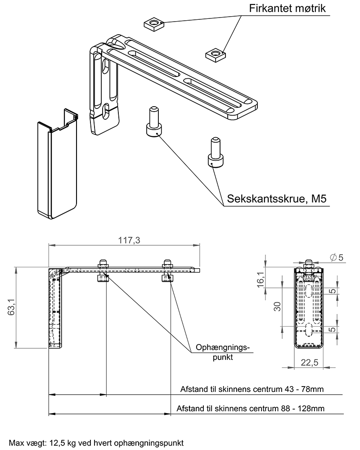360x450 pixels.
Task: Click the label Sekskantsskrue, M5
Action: [276, 199]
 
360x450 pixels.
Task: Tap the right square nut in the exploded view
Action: [216, 54]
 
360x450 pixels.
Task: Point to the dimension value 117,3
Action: [129, 240]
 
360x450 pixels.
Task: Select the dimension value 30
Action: [278, 306]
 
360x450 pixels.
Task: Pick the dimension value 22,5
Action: [309, 362]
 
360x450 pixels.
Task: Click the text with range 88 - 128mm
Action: [250, 409]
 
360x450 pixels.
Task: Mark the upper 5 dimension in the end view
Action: [332, 291]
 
